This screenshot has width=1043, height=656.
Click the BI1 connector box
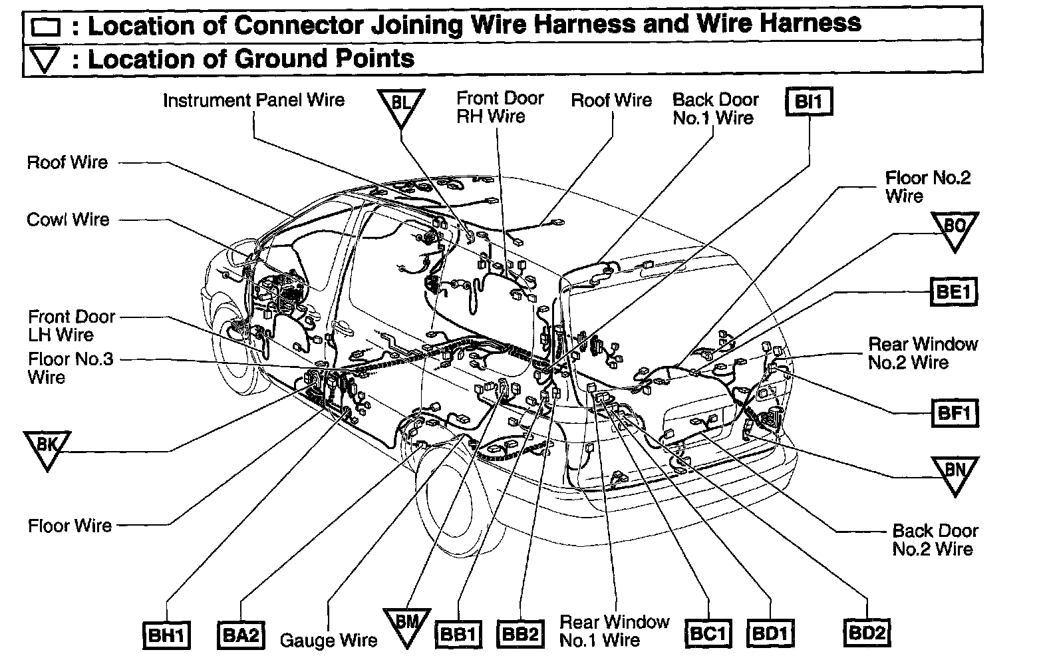[809, 102]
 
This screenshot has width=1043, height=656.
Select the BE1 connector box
[953, 291]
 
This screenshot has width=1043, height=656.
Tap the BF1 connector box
[954, 413]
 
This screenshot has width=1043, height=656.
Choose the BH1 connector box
[167, 635]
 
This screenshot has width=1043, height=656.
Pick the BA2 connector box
[240, 635]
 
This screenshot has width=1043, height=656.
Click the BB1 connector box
[458, 634]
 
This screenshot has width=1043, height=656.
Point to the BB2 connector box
[520, 634]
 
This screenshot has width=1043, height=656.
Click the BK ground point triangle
[47, 448]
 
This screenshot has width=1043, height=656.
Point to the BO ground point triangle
[955, 230]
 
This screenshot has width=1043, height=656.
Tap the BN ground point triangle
[955, 474]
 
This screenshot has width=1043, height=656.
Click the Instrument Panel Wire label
[254, 100]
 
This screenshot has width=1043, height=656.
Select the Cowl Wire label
[68, 220]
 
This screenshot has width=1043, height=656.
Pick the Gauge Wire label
[328, 640]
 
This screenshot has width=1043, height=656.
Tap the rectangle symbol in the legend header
[46, 27]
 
